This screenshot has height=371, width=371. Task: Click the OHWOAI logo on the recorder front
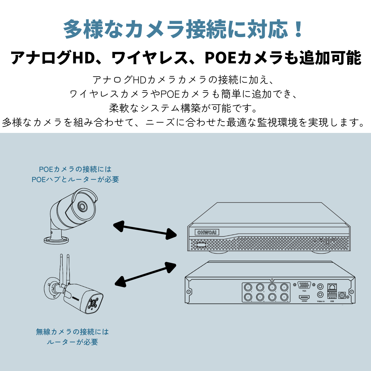coord(207,232)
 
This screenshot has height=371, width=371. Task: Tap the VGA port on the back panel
coord(304,285)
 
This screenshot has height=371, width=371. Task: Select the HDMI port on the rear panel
coord(304,297)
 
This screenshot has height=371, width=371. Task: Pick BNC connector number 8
coord(284,297)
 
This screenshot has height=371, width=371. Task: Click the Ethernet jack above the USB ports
coord(332,287)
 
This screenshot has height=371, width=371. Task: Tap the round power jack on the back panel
coord(342,295)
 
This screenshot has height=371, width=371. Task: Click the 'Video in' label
coord(321,301)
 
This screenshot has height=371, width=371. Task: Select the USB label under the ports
coord(332,301)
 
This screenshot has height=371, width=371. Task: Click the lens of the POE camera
coord(82,206)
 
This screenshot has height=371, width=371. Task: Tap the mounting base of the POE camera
coord(56,239)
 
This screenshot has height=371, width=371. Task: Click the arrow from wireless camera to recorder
coord(145,274)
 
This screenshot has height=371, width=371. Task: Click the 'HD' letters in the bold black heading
coord(83,58)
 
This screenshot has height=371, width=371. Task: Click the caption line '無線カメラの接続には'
coord(72,332)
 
